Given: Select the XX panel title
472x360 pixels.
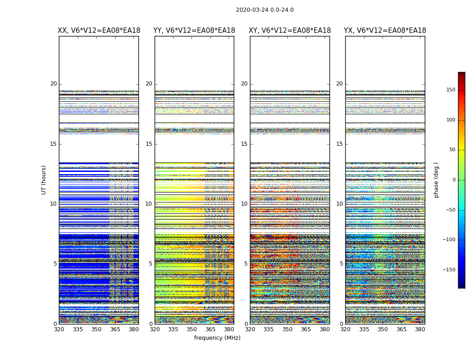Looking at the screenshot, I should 99,31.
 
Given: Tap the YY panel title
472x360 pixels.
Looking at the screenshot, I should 194,31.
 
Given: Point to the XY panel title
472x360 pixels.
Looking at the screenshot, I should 290,31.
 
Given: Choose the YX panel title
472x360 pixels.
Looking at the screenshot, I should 385,31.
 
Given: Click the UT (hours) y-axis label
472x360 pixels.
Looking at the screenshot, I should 44,180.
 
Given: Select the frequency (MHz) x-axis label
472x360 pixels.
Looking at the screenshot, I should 217,338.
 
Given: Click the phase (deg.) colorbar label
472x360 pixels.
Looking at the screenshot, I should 436,180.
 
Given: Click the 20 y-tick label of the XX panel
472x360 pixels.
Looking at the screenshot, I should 53,84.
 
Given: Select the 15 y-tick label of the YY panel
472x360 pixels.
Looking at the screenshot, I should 149,144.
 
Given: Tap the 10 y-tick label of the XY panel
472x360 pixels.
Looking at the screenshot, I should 244,204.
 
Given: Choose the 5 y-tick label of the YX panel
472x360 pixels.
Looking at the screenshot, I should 341,264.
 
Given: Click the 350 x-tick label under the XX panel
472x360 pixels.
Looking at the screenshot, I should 96,329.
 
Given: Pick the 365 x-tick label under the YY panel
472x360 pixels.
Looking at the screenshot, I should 210,329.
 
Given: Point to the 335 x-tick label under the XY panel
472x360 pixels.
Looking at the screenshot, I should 269,329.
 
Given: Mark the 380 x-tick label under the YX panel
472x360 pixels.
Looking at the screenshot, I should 420,329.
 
